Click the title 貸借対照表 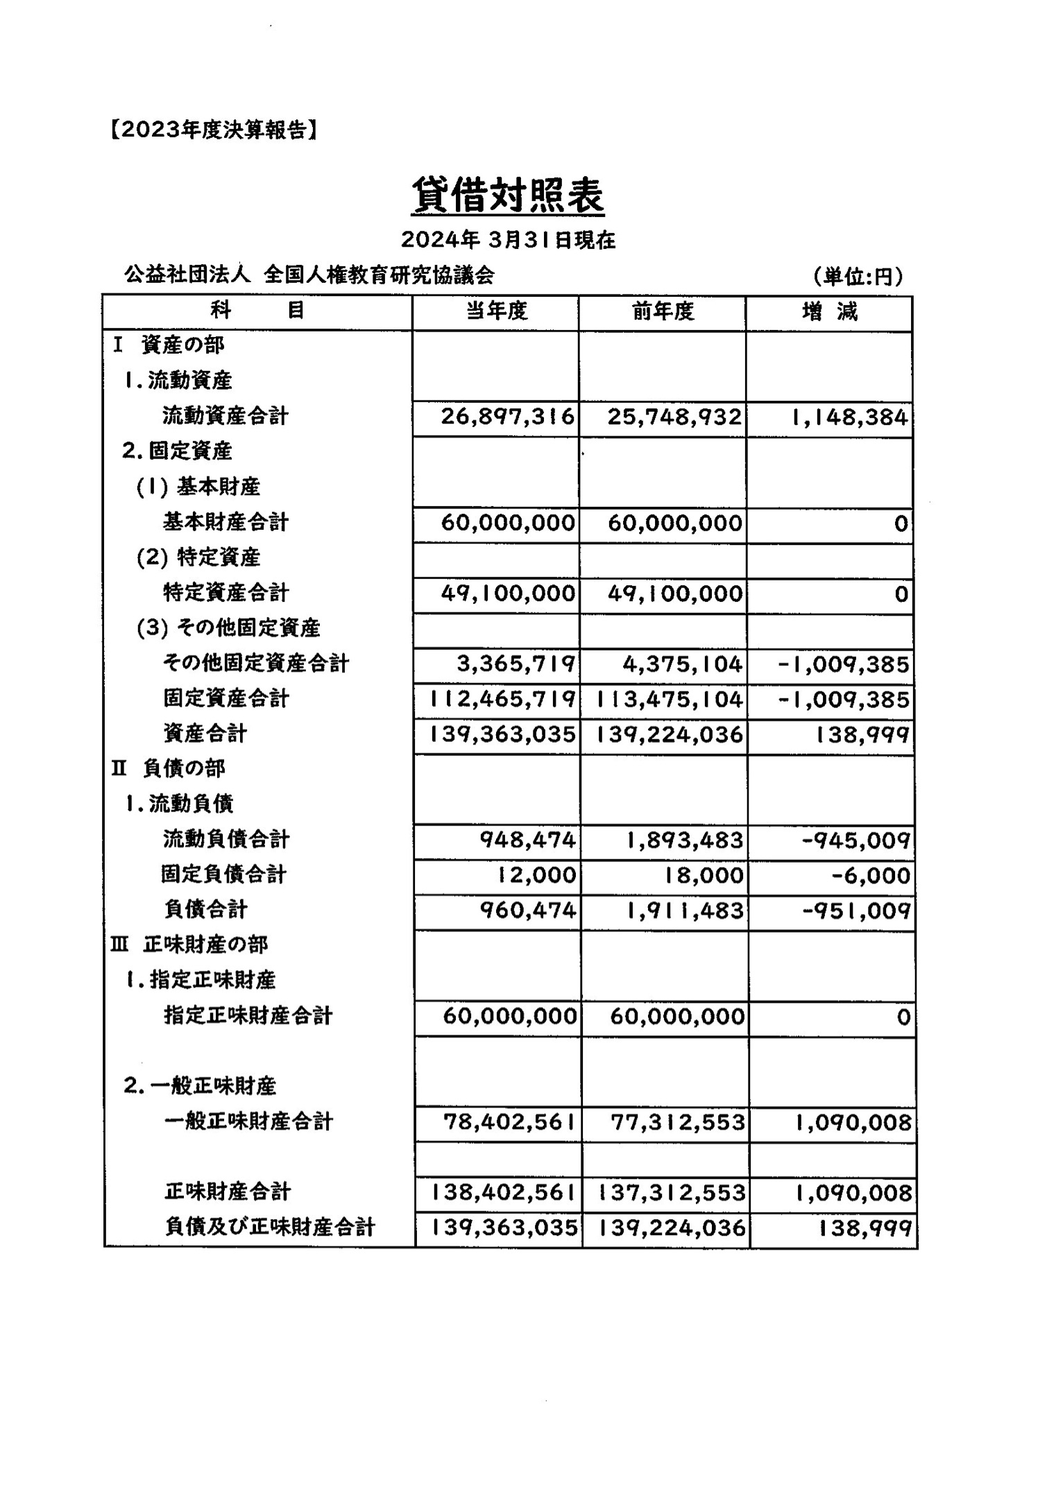point(508,196)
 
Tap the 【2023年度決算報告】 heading point(214,130)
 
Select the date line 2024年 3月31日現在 point(508,240)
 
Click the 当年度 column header point(496,311)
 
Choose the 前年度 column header point(663,311)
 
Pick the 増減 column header point(830,311)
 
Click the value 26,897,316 point(508,417)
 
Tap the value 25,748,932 point(674,417)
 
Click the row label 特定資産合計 point(225,593)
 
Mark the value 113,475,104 point(670,699)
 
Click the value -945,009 point(855,840)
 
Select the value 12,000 point(536,875)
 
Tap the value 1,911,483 point(684,911)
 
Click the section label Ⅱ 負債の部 point(169,768)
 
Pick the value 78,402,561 point(509,1122)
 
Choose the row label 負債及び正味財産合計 point(270,1227)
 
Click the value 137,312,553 point(671,1193)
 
